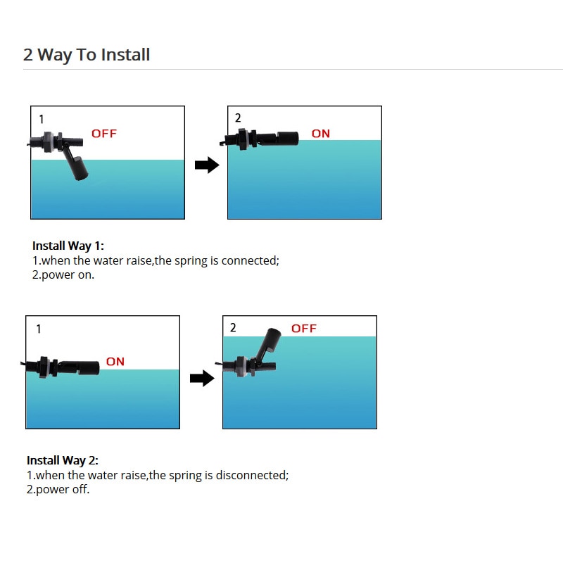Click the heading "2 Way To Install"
pyautogui.click(x=87, y=55)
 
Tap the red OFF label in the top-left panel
pyautogui.click(x=104, y=134)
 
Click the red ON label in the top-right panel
pyautogui.click(x=321, y=134)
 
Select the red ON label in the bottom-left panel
pyautogui.click(x=115, y=361)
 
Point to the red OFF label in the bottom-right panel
pyautogui.click(x=304, y=328)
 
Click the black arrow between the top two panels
pyautogui.click(x=207, y=165)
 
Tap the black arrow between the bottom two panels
pyautogui.click(x=202, y=378)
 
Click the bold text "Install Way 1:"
pyautogui.click(x=68, y=246)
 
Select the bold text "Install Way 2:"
pyautogui.click(x=63, y=460)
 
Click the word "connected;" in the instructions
pyautogui.click(x=251, y=260)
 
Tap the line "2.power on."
pyautogui.click(x=63, y=275)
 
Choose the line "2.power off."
pyautogui.click(x=58, y=489)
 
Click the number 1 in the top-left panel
pyautogui.click(x=42, y=119)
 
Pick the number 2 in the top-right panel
pyautogui.click(x=238, y=118)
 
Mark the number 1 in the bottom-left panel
pyautogui.click(x=39, y=329)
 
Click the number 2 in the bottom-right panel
pyautogui.click(x=233, y=327)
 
